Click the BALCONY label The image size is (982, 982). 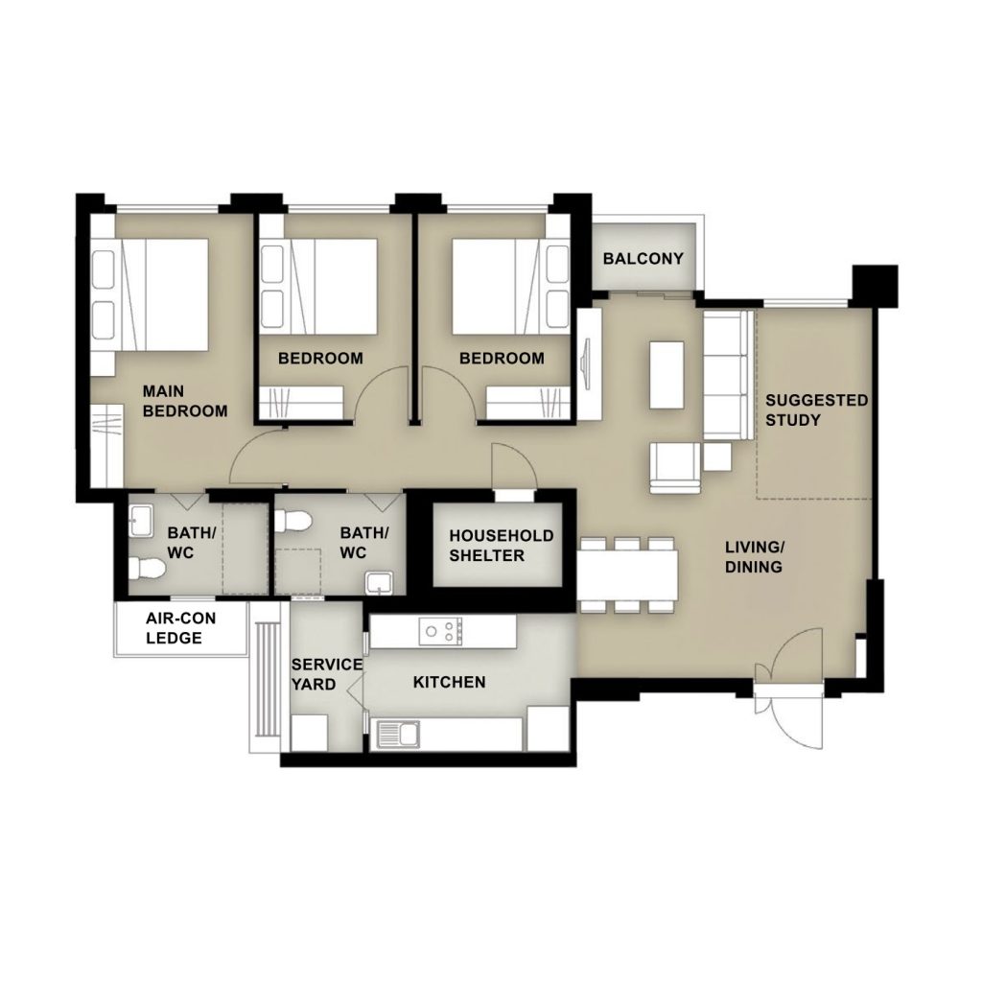coord(643,259)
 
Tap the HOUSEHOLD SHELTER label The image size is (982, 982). coord(501,546)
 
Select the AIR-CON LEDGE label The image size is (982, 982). coord(180,628)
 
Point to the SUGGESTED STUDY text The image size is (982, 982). coord(817,410)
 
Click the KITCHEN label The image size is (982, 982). coord(449,682)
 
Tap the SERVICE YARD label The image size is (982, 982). coord(326,674)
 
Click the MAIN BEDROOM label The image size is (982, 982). coord(185,402)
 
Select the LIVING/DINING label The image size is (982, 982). coord(754,557)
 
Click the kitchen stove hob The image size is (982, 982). coord(441,631)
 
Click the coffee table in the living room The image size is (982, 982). coord(666,375)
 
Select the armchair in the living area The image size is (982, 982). coord(674,467)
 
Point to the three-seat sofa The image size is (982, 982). coord(729,375)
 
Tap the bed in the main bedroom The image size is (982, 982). coord(150,294)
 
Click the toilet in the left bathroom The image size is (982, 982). coord(147,568)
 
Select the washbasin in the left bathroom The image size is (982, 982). coord(140,521)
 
